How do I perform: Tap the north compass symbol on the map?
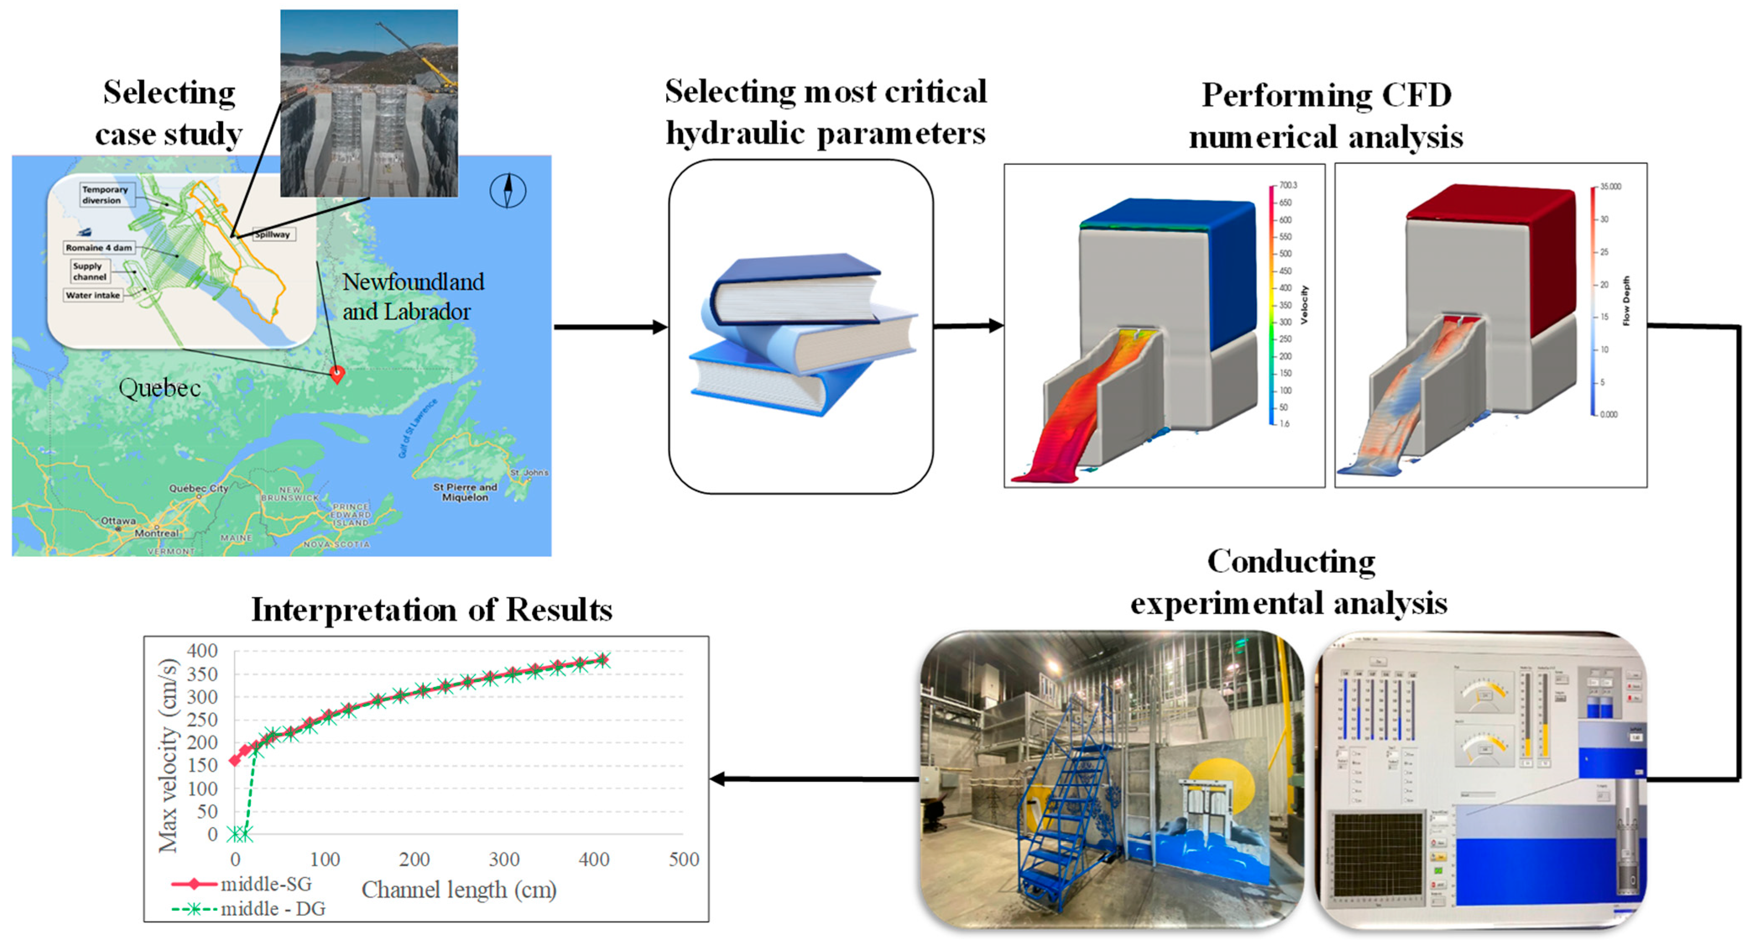tap(508, 191)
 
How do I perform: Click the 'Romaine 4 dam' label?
tap(99, 248)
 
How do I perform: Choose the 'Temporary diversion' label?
tap(105, 195)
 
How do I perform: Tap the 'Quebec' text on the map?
tap(159, 388)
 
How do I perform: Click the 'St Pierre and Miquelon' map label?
tap(466, 492)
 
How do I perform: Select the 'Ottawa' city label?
tap(118, 521)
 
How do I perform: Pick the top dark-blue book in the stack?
tap(796, 286)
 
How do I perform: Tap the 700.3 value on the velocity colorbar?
tap(1287, 185)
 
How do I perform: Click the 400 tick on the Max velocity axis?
tap(202, 651)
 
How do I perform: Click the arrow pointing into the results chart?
tap(719, 779)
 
